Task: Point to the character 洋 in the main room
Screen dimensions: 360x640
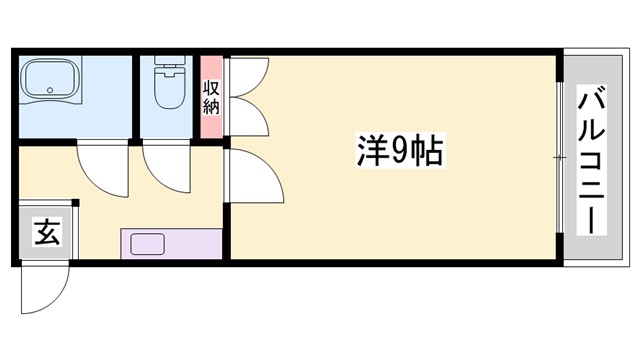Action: pyautogui.click(x=371, y=151)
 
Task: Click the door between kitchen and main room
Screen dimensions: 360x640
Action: pyautogui.click(x=255, y=175)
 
